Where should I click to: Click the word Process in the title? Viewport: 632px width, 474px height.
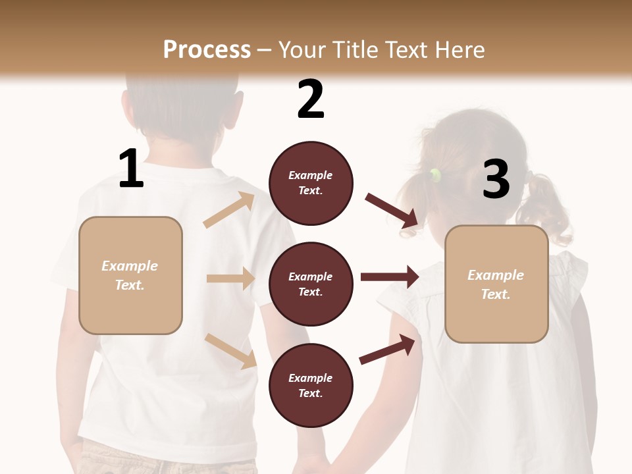(207, 50)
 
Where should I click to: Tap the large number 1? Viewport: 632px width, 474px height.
(131, 169)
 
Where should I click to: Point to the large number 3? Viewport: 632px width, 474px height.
(496, 179)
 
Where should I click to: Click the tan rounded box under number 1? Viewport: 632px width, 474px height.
(130, 275)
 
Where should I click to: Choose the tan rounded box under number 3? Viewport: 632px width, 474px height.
(496, 284)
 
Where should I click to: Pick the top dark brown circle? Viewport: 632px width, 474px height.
(311, 183)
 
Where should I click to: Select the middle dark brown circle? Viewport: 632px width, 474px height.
(311, 284)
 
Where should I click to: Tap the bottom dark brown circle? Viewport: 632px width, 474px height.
(311, 386)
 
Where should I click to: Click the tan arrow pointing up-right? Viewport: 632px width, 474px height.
(230, 210)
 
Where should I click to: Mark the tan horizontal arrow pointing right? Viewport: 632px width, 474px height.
(230, 278)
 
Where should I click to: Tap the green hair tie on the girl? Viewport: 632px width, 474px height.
(434, 174)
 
